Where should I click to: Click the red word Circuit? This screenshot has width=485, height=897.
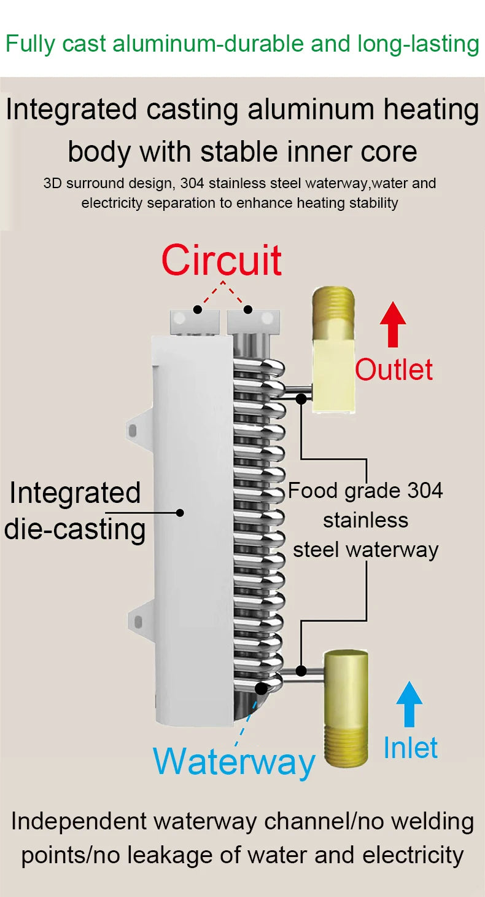point(222,260)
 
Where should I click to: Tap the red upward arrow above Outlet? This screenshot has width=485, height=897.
point(393,325)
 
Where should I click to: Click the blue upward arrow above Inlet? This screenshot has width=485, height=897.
point(409,703)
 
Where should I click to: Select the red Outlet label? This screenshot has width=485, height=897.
point(394,369)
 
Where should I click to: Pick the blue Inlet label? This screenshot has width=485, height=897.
point(411,748)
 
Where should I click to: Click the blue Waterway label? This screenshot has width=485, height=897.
point(234,761)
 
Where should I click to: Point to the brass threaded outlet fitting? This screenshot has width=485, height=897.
point(332,350)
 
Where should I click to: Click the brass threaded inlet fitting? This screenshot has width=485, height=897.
point(346,708)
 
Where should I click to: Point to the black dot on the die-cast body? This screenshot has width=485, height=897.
point(180,512)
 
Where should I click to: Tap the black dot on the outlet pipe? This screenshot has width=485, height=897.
point(301,398)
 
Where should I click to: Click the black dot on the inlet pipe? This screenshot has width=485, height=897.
point(301,670)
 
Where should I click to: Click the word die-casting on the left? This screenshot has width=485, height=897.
point(74,529)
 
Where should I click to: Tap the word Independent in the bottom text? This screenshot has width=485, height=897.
point(79,821)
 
